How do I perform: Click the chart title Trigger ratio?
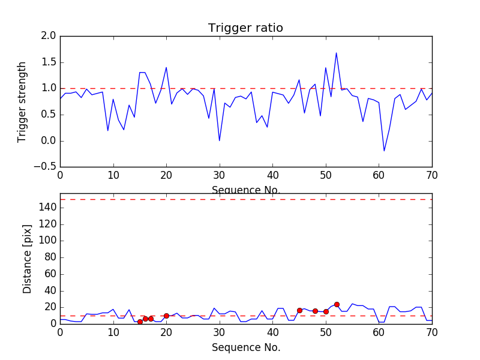point(245,28)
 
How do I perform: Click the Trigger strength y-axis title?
point(22,101)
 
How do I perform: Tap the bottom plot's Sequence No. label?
point(245,347)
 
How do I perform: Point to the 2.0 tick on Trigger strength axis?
point(49,36)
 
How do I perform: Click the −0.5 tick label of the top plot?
point(45,167)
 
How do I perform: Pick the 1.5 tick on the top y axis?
point(49,62)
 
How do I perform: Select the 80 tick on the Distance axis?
point(49,257)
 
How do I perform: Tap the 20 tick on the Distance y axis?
point(49,307)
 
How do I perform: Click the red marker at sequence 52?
point(337,304)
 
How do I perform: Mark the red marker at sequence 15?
point(140,322)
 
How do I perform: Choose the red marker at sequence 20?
point(166,316)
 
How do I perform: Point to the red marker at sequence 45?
point(299,310)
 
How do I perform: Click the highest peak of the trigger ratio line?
point(336,53)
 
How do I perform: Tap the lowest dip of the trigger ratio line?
point(384,151)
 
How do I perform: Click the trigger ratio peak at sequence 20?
point(166,67)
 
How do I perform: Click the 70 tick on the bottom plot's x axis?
point(431,332)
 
